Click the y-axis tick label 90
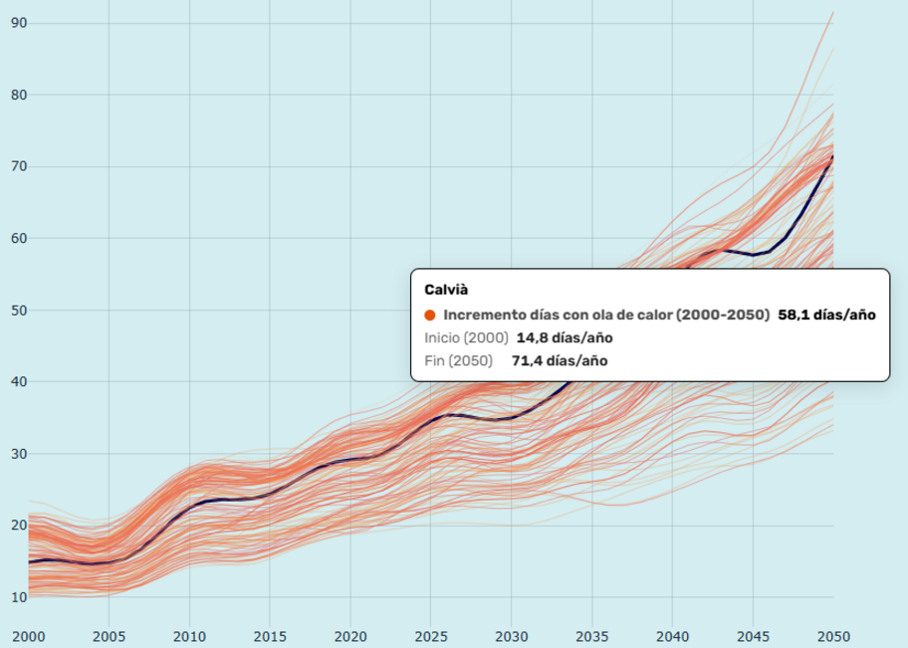coord(19,23)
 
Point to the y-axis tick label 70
coord(19,166)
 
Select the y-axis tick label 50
coord(19,310)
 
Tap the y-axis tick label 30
coord(19,454)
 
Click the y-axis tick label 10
coord(19,597)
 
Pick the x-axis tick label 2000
coord(28,636)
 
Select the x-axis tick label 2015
coord(270,636)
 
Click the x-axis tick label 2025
coord(431,636)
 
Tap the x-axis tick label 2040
coord(672,636)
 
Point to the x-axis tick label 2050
coord(833,636)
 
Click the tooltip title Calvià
coord(446,290)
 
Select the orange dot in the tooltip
coord(430,315)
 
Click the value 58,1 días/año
coord(826,315)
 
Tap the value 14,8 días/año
coord(565,337)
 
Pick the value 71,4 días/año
coord(560,360)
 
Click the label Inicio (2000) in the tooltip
coord(466,337)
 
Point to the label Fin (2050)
coord(459,360)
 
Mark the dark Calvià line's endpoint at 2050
coord(832,156)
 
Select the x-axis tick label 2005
coord(109,636)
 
